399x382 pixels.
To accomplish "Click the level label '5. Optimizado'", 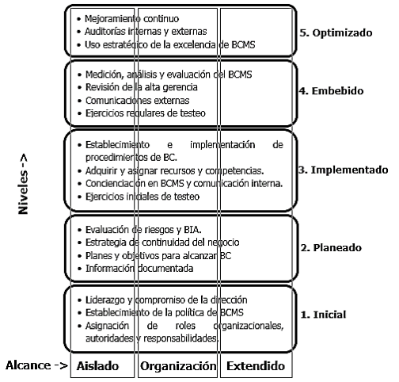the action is click(x=336, y=32).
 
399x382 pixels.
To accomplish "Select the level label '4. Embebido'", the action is click(x=331, y=90).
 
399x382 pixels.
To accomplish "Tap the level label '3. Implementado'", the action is click(x=344, y=170).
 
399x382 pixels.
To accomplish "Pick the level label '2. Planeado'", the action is click(x=331, y=247).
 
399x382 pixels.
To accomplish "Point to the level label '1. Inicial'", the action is click(x=323, y=315).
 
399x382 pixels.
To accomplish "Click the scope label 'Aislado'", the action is click(x=97, y=366).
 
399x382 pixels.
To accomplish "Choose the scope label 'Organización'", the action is click(x=178, y=366).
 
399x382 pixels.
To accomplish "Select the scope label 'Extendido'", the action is click(x=256, y=366).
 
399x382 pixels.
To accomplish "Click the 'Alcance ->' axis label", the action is click(x=36, y=365).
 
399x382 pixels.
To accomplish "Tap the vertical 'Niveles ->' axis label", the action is click(x=23, y=184).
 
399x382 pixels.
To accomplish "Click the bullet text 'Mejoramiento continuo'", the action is click(x=131, y=19).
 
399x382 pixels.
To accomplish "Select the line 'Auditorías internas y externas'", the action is click(x=146, y=32).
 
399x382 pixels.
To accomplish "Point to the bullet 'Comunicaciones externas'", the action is click(x=137, y=101).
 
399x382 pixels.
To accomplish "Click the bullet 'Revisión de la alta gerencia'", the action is click(x=142, y=87).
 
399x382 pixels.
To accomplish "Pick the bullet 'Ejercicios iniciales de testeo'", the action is click(x=142, y=197).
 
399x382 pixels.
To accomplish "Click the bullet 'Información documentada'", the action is click(x=139, y=269).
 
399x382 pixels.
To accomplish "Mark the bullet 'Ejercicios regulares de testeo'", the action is click(x=146, y=113).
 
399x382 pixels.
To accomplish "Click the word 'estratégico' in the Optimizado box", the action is click(x=125, y=45).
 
